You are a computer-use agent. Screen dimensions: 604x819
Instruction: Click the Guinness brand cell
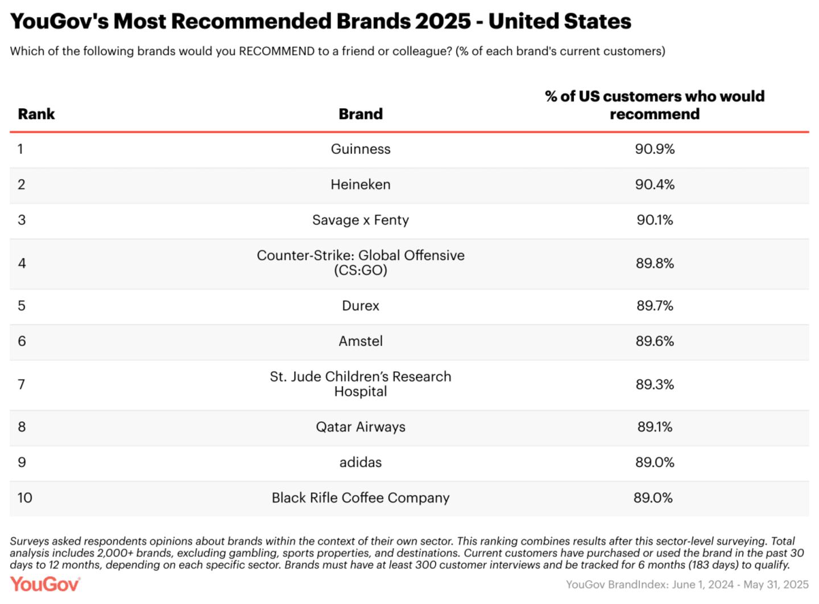[361, 149]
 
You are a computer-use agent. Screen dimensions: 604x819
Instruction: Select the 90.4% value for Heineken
[655, 184]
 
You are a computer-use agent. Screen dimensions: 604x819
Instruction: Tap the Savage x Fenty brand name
[361, 220]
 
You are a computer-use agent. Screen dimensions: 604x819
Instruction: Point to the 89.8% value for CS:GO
[655, 263]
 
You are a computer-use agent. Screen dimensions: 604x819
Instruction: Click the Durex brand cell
[361, 306]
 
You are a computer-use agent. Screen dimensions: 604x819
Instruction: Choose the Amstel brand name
[361, 341]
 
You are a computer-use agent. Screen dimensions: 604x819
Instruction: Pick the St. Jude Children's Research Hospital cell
[361, 384]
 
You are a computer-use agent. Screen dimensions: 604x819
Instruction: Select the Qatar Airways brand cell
[361, 427]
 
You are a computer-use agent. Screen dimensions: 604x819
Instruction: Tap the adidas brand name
[361, 462]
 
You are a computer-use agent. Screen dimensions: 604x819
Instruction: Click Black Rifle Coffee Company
[361, 498]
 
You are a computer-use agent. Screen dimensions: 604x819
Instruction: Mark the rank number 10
[24, 498]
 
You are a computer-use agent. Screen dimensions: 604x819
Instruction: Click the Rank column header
[36, 114]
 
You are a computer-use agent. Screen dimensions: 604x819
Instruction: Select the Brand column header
[361, 114]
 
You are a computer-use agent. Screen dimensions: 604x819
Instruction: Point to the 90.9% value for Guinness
[655, 149]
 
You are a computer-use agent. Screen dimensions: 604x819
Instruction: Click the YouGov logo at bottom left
[45, 584]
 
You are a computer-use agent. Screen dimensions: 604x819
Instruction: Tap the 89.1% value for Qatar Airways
[655, 427]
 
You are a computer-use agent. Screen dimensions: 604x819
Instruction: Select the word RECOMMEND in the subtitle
[276, 51]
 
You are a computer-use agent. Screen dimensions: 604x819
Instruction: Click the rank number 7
[22, 384]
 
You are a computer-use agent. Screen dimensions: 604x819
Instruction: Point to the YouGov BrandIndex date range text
[687, 585]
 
